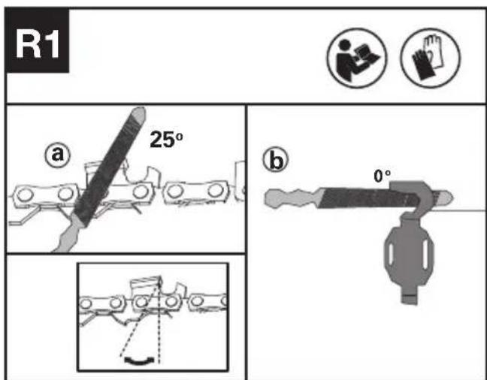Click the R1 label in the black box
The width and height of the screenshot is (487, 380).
[38, 44]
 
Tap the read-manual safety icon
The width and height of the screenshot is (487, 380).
[357, 58]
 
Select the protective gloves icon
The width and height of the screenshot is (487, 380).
[431, 58]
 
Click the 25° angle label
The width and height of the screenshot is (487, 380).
[166, 140]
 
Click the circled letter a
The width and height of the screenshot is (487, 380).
[58, 155]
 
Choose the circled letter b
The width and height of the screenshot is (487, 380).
[276, 159]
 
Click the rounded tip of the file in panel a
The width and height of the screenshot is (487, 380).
[138, 114]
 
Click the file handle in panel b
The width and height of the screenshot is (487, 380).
[292, 198]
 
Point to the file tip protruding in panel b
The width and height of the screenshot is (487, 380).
[443, 198]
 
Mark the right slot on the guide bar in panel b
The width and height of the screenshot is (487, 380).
[426, 255]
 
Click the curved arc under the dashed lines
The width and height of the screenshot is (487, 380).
[139, 361]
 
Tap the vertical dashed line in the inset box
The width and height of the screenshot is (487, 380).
[159, 320]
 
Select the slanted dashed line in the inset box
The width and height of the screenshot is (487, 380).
[141, 317]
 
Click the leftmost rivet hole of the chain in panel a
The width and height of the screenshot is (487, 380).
[25, 195]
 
